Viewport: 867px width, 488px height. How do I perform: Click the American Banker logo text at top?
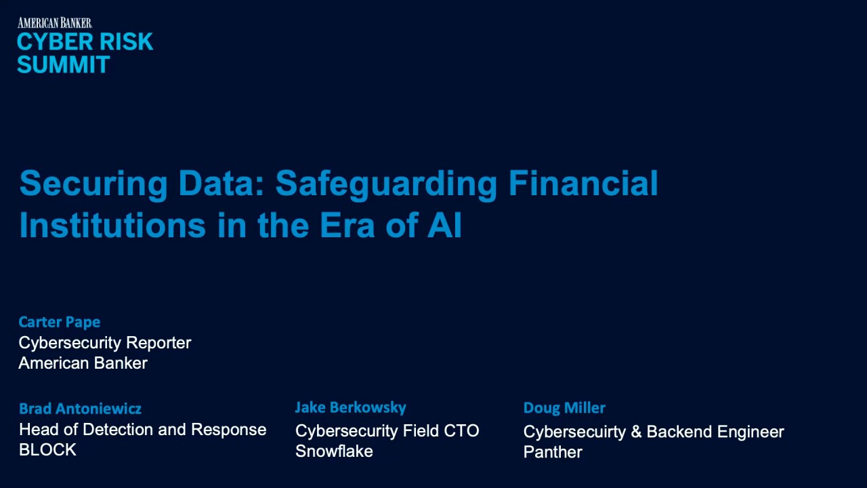(x=54, y=23)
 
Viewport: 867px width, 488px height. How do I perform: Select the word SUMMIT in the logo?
(x=63, y=65)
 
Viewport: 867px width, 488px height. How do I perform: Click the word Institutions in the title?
(x=112, y=225)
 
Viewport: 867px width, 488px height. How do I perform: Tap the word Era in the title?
(x=347, y=225)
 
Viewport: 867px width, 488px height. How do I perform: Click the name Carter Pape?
(x=60, y=322)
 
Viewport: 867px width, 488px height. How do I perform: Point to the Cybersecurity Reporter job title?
(x=105, y=343)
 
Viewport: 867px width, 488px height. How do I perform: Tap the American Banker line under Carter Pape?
(x=83, y=363)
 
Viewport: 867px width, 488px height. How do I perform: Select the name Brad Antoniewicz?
(x=80, y=409)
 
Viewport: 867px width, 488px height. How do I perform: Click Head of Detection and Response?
(x=142, y=430)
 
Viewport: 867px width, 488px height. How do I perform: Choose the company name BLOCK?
(x=47, y=450)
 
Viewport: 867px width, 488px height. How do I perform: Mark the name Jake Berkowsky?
(x=350, y=407)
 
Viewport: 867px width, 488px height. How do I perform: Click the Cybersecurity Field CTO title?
(x=387, y=431)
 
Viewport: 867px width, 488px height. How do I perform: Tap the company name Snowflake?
(x=334, y=451)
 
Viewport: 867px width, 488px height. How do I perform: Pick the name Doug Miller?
(x=564, y=408)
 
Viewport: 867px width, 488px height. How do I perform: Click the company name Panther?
(x=553, y=452)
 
